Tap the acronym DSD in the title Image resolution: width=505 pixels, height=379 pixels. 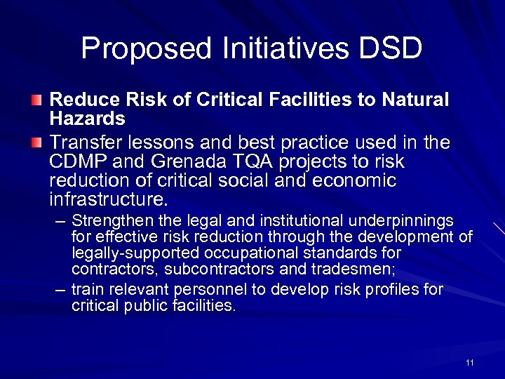[x=390, y=48]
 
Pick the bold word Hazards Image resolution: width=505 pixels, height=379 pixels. [x=88, y=118]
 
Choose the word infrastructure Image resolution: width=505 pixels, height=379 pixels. [x=108, y=199]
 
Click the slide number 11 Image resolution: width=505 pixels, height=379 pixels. [x=469, y=362]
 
